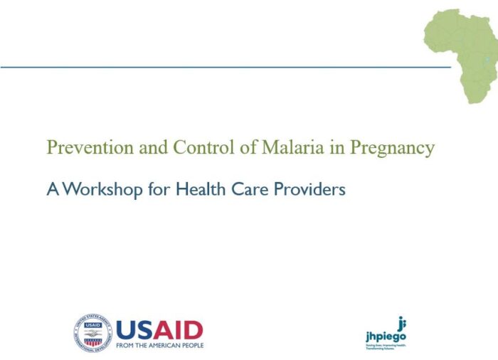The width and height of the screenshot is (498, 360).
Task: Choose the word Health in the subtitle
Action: point(201,190)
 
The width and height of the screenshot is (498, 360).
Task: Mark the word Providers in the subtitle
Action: point(310,190)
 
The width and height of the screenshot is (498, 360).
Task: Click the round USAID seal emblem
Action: point(92,333)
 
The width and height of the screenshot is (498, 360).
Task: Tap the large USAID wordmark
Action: point(159,329)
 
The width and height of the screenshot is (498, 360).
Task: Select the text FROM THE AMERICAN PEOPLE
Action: point(159,345)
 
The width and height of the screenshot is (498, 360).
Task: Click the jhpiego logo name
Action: point(385,336)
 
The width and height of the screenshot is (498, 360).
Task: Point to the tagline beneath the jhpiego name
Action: point(385,346)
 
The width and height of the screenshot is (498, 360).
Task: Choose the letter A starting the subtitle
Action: point(52,190)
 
